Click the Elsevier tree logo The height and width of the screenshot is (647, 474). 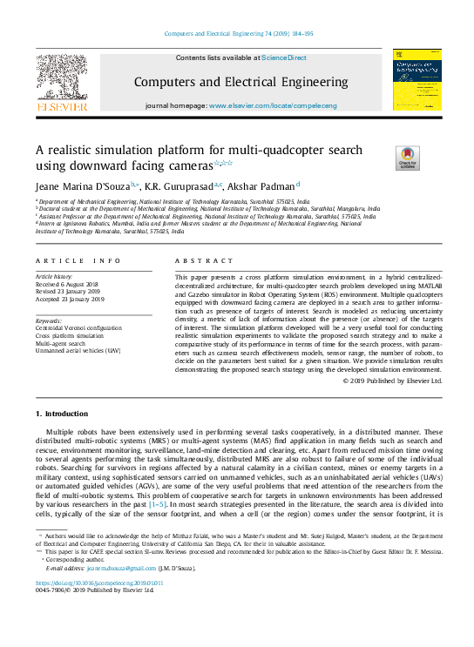coord(62,82)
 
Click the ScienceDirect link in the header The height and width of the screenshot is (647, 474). coord(285,57)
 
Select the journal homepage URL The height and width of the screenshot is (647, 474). coord(284,105)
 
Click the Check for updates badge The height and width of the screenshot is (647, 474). coord(406,157)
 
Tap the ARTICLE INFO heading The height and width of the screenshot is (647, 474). coord(78,260)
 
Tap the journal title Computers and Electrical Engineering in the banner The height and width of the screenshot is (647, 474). coord(240,83)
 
